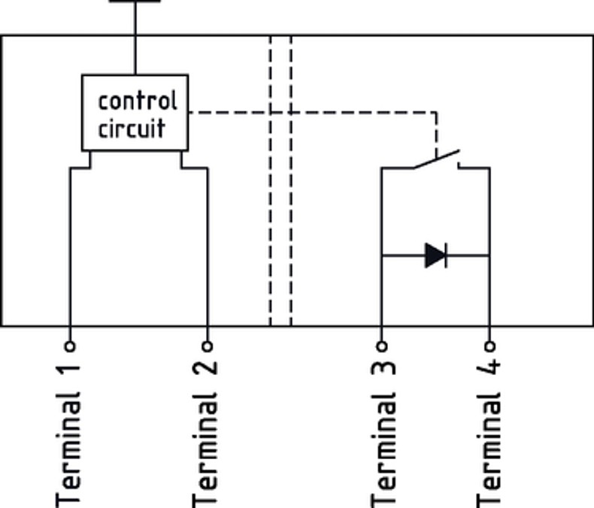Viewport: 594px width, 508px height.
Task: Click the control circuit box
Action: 135,113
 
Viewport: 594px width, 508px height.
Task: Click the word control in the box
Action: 138,100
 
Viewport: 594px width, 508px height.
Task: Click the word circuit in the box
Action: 132,127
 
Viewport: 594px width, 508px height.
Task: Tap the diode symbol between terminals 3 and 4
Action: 435,256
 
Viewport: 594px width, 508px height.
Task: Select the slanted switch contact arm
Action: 437,159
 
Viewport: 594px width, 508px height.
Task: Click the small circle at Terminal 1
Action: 69,346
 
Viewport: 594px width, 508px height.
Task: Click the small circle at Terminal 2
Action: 208,346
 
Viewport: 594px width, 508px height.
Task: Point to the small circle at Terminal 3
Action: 381,346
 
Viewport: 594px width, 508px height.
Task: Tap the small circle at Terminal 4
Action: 489,346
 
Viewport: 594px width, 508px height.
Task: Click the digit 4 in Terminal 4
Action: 489,370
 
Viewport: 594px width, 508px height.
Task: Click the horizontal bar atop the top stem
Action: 135,2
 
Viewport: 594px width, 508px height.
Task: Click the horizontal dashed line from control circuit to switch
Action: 316,113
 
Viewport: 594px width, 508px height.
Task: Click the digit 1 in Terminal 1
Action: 69,370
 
